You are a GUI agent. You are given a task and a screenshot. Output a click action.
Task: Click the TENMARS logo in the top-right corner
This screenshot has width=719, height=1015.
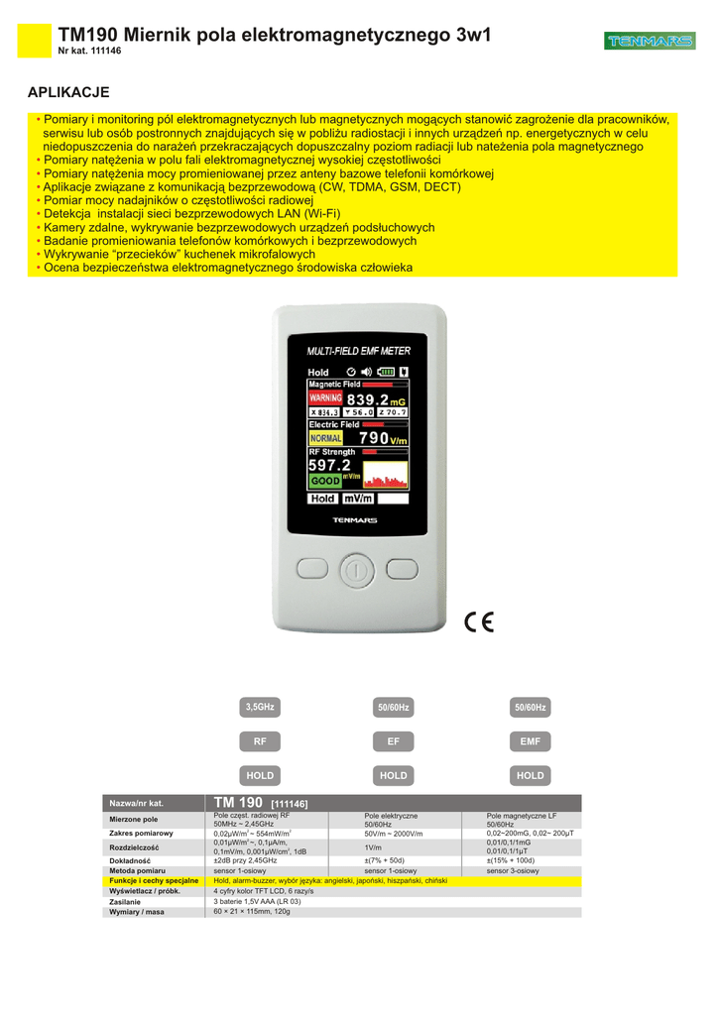coord(649,41)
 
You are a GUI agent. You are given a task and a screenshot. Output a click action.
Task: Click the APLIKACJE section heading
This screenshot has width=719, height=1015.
coord(68,92)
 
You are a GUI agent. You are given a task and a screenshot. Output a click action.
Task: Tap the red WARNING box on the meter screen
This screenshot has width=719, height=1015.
coord(324,397)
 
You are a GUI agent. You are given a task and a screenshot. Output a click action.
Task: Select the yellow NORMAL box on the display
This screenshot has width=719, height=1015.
coord(326,438)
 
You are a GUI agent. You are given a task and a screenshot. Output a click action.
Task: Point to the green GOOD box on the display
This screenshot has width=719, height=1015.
coord(324,481)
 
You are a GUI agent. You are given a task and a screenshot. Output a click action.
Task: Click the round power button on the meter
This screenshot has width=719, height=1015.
coord(356,570)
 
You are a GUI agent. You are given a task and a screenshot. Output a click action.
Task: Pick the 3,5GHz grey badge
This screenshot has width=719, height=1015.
coord(260,707)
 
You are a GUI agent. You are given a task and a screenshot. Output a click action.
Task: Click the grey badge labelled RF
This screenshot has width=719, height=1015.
coord(260,740)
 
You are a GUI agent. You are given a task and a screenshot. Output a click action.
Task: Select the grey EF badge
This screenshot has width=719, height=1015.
coord(393,740)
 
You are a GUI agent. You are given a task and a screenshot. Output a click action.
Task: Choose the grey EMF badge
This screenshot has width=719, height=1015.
coord(530,740)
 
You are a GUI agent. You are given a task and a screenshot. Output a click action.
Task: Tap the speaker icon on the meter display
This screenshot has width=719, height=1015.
coord(366,372)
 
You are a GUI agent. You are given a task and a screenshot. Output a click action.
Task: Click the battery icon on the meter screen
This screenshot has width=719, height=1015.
coord(386,372)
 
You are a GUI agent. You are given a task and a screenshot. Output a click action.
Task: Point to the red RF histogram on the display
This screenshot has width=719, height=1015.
coord(385,475)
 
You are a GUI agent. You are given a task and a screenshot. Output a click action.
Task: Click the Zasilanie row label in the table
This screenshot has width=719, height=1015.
coord(125,901)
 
